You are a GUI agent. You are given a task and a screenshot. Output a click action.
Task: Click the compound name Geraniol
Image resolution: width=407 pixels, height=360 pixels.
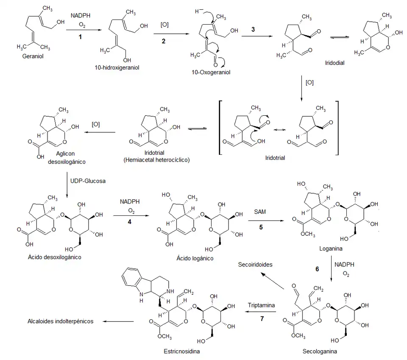tap(33, 56)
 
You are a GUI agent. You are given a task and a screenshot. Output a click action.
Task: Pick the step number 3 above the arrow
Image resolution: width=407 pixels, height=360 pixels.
tap(253, 29)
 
